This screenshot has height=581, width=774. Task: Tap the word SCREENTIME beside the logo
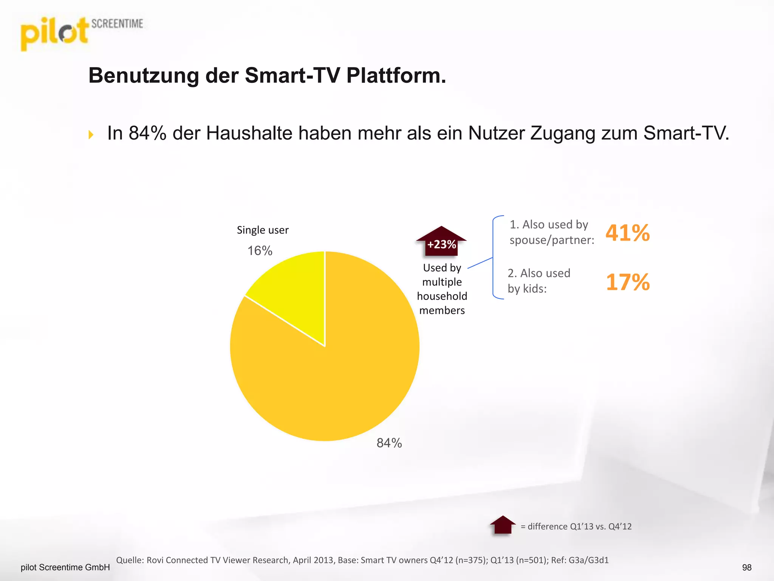[117, 24]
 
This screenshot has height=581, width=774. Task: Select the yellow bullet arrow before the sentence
[91, 135]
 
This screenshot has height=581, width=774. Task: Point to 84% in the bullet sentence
[147, 133]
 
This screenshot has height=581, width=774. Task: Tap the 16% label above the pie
[260, 251]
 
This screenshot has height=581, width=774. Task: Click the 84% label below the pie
[389, 443]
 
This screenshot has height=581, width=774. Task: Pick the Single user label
[263, 230]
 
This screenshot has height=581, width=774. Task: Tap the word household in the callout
[442, 296]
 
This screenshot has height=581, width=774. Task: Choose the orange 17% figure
[627, 282]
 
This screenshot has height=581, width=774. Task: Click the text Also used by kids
[539, 281]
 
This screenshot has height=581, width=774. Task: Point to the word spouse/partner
[551, 240]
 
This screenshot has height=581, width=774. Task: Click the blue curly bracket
[494, 257]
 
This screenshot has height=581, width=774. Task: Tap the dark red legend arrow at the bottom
[503, 525]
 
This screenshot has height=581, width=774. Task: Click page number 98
[746, 567]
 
